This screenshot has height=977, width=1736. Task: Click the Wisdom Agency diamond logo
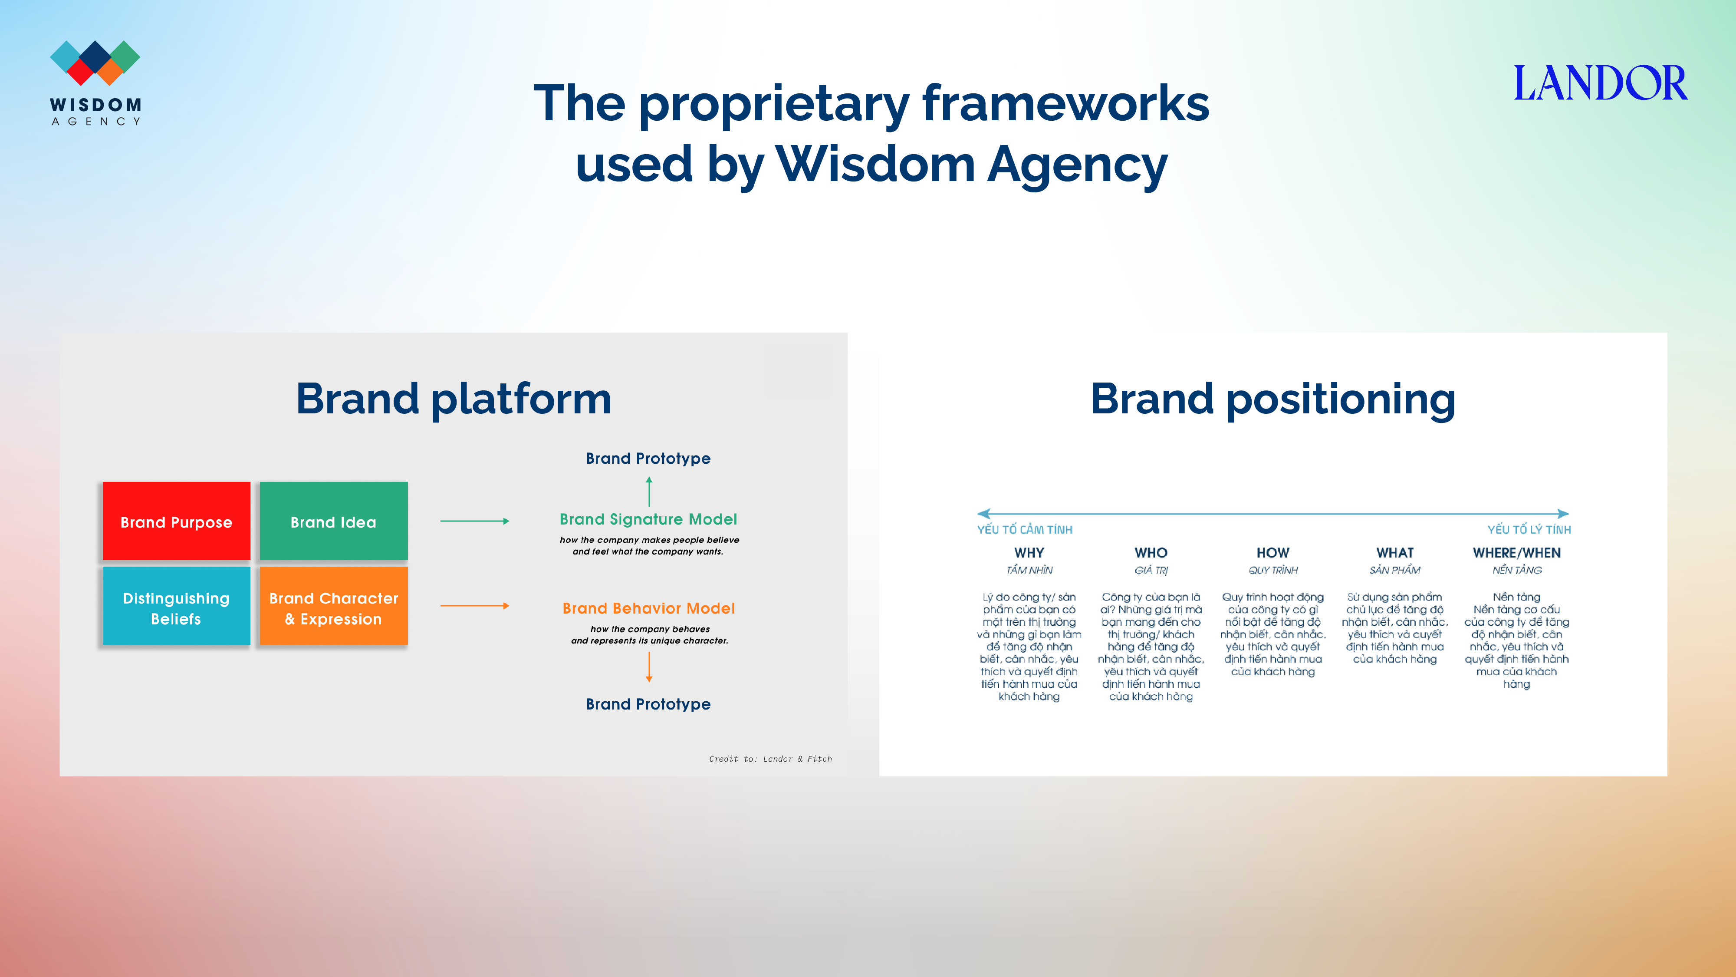coord(95,63)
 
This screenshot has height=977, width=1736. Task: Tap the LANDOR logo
coord(1601,83)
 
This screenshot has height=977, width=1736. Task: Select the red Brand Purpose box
coord(177,521)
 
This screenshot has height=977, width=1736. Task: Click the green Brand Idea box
coord(334,521)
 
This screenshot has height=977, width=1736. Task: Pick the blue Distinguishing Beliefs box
coord(177,606)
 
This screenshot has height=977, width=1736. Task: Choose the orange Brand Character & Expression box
coord(334,606)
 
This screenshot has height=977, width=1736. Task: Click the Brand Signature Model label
coord(648,519)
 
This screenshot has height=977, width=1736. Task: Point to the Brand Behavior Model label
coord(648,608)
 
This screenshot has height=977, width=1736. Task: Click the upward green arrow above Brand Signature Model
coord(649,492)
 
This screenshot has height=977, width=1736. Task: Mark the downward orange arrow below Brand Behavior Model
coord(649,667)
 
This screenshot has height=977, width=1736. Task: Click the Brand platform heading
coord(454,399)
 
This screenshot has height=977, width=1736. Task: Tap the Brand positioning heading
coord(1273,399)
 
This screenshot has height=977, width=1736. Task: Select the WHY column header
coord(1029,553)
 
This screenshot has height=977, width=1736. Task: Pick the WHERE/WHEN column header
coord(1516,553)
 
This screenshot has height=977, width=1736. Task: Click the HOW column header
coord(1272,553)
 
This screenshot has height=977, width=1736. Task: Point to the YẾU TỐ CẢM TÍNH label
coord(1024,530)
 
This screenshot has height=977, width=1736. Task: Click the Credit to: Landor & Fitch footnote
coord(770,759)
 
